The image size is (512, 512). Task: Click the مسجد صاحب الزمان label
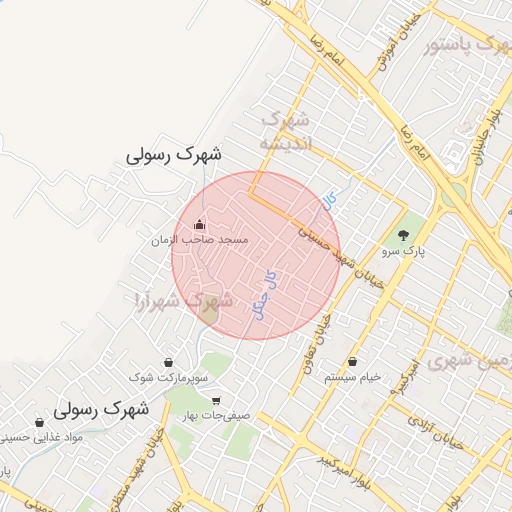(x=199, y=241)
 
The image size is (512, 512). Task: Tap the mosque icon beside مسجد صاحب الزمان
(x=199, y=224)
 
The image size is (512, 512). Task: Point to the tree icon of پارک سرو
(x=403, y=236)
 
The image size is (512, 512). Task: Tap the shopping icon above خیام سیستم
(x=353, y=360)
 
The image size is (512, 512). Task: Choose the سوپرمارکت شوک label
(x=168, y=377)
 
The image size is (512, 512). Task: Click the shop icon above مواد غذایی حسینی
(x=41, y=422)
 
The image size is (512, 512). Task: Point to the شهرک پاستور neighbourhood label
(x=462, y=45)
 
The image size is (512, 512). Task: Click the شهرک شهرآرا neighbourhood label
(x=184, y=299)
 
